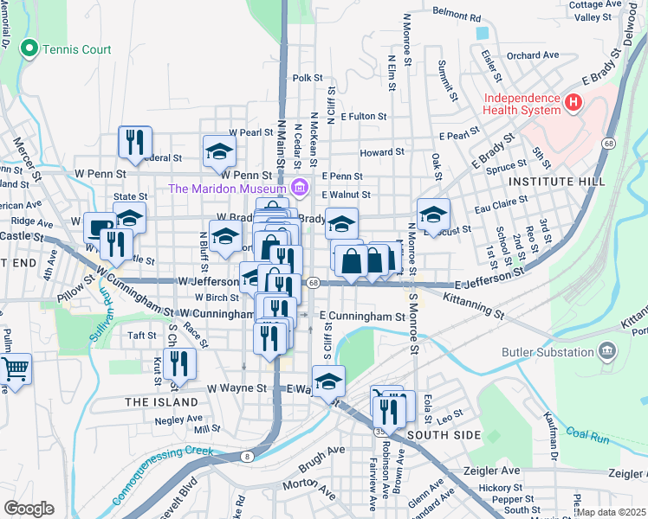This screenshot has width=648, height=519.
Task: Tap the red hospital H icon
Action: click(572, 104)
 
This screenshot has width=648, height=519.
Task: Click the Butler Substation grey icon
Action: click(606, 352)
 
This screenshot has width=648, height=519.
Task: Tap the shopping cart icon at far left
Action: click(16, 368)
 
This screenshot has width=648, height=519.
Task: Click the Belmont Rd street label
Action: click(456, 16)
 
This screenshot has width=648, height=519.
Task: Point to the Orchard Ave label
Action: click(533, 55)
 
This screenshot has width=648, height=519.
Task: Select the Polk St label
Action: click(308, 78)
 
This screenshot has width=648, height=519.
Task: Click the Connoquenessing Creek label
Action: click(162, 465)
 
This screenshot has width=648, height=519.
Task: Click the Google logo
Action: click(29, 509)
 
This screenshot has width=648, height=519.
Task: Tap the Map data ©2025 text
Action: click(611, 512)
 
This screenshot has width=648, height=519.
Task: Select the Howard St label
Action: click(377, 152)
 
